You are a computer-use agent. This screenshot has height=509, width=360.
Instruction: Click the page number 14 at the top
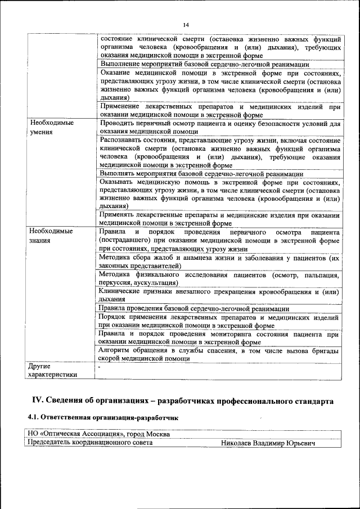click(186, 24)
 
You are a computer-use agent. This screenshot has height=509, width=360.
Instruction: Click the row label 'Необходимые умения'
click(51, 127)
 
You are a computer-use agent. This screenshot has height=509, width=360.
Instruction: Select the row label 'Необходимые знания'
click(51, 236)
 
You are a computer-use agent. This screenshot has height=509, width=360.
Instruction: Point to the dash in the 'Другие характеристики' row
click(99, 366)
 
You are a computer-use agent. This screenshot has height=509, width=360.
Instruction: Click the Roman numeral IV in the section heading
click(37, 400)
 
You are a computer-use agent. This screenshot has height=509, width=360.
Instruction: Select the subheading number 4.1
click(35, 418)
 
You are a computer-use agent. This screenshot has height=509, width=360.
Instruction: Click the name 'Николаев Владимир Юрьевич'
click(268, 443)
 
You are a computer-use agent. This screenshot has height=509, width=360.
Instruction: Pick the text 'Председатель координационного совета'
click(91, 443)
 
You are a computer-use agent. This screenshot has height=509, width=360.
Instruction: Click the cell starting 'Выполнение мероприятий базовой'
click(204, 65)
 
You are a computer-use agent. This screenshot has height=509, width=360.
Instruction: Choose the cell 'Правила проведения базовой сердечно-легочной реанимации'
click(193, 309)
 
